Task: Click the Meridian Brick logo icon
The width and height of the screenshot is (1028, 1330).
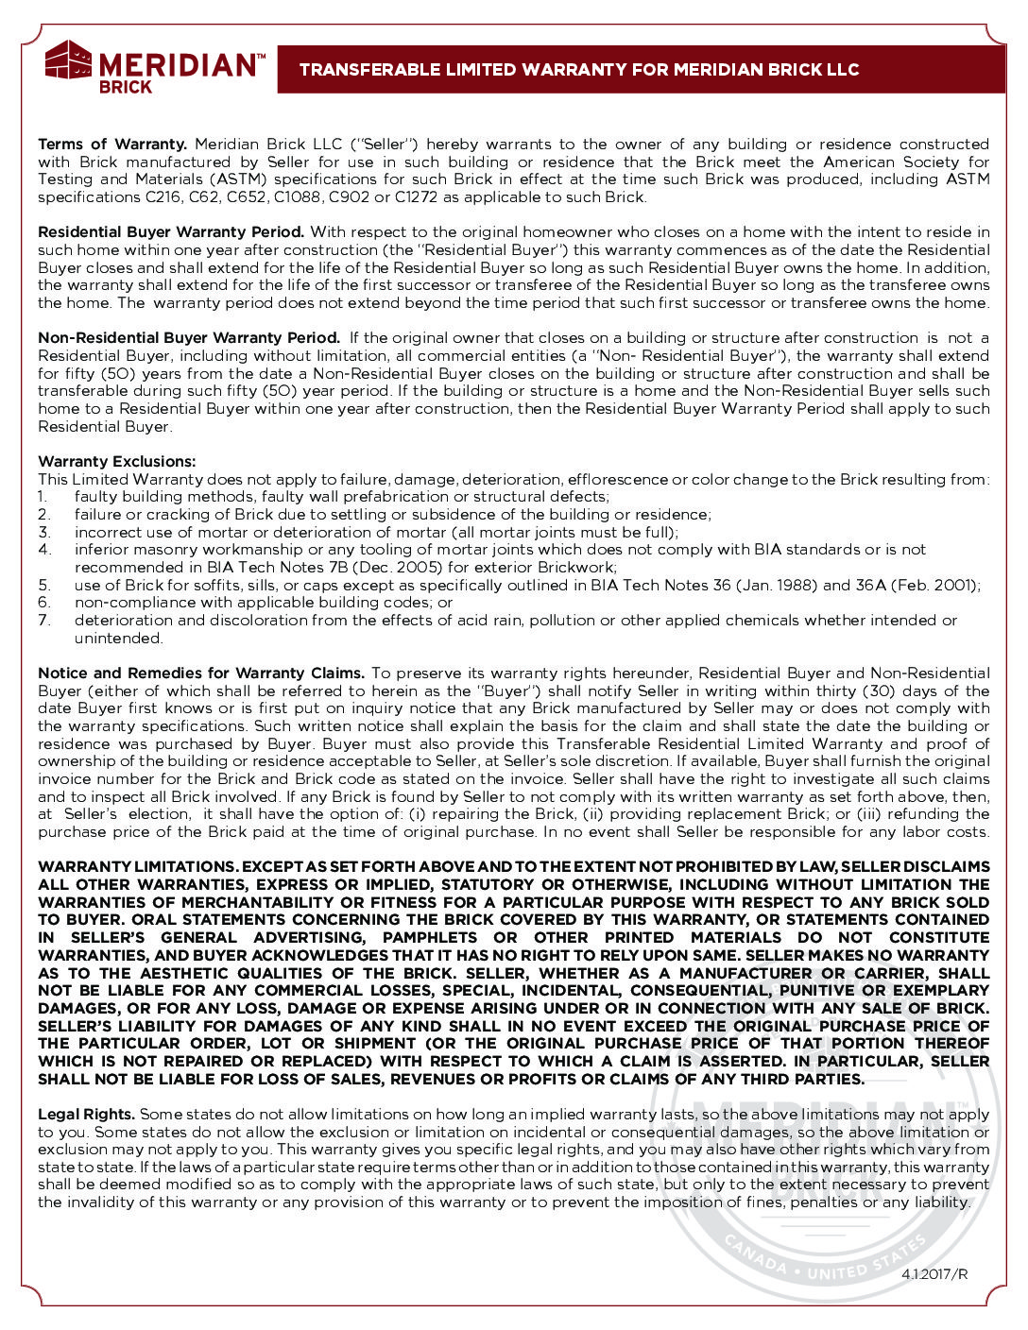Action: pos(68,61)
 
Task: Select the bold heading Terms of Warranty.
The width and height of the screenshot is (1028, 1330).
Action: pos(112,145)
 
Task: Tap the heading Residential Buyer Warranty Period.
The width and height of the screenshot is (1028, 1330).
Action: pos(171,232)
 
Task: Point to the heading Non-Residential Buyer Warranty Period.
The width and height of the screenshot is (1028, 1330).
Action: pos(189,338)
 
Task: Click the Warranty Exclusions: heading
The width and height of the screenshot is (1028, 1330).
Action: pos(117,462)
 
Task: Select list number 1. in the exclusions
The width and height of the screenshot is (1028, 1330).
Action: pos(43,497)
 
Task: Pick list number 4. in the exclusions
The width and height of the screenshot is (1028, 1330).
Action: pos(43,550)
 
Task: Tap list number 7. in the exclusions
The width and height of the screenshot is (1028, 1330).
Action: pos(43,621)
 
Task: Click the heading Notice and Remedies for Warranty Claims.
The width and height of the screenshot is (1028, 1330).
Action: pos(201,674)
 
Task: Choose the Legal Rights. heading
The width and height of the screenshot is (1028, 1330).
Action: pos(86,1115)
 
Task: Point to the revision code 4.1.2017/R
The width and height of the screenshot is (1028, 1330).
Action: pos(934,1274)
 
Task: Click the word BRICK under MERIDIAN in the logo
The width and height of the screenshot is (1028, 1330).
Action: pos(126,87)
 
